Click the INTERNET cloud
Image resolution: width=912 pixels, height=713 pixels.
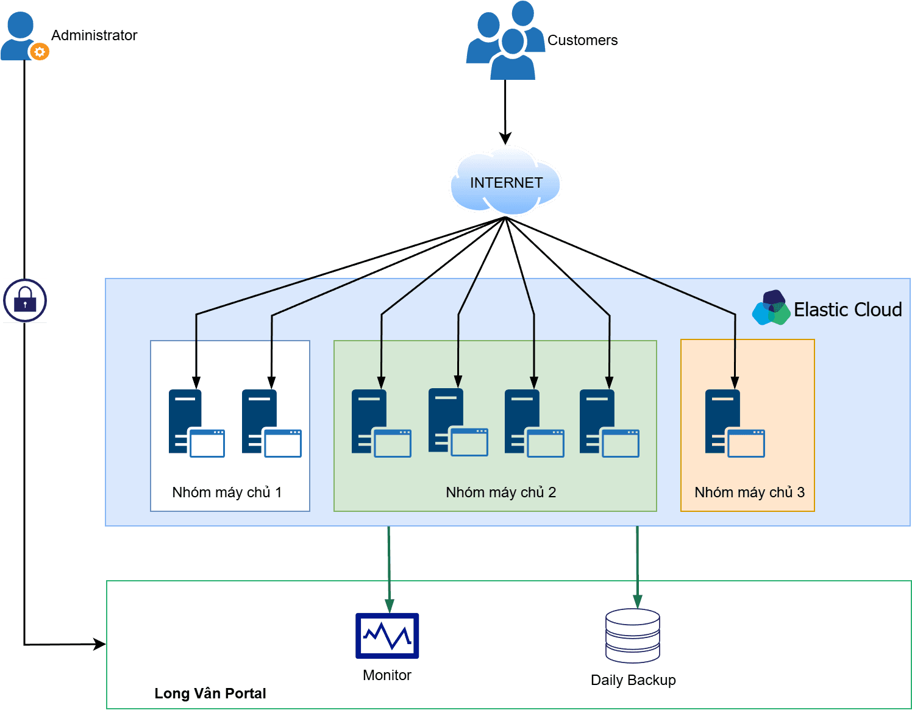pos(505,182)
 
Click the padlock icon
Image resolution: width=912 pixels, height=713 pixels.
pos(25,300)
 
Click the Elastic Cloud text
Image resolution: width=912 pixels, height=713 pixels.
pos(847,310)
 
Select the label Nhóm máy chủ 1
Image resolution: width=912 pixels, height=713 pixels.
pos(227,492)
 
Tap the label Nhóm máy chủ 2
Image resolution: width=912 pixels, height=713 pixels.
pos(501,492)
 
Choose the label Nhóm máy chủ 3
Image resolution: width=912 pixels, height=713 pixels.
pos(749,492)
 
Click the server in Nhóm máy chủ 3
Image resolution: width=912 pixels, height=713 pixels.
pos(734,424)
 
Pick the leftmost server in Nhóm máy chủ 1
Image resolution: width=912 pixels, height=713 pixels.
pos(196,424)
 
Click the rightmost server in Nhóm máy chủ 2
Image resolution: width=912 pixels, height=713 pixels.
pos(608,424)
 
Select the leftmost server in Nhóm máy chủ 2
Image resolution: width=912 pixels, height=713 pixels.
pos(380,424)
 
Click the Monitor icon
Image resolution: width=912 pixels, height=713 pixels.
pos(387,636)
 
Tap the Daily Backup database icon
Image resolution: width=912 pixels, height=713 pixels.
pos(633,636)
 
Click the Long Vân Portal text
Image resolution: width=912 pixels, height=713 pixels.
pos(210,693)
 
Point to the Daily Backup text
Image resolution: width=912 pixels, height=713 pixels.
pos(633,680)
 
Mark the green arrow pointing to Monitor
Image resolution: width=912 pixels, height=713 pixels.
pos(389,567)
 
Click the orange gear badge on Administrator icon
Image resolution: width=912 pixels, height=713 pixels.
pos(40,52)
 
